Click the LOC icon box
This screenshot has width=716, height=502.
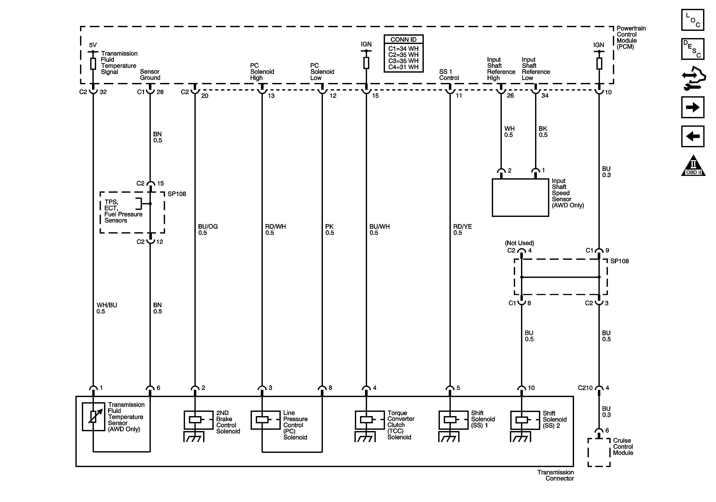point(692,20)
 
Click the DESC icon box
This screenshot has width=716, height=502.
point(692,49)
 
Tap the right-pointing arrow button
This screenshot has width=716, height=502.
point(692,107)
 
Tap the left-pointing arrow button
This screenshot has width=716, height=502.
point(692,136)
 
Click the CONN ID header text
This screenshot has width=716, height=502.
point(403,40)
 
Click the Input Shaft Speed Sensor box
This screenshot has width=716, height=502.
point(520,197)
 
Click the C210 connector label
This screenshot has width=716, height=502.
point(585,388)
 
